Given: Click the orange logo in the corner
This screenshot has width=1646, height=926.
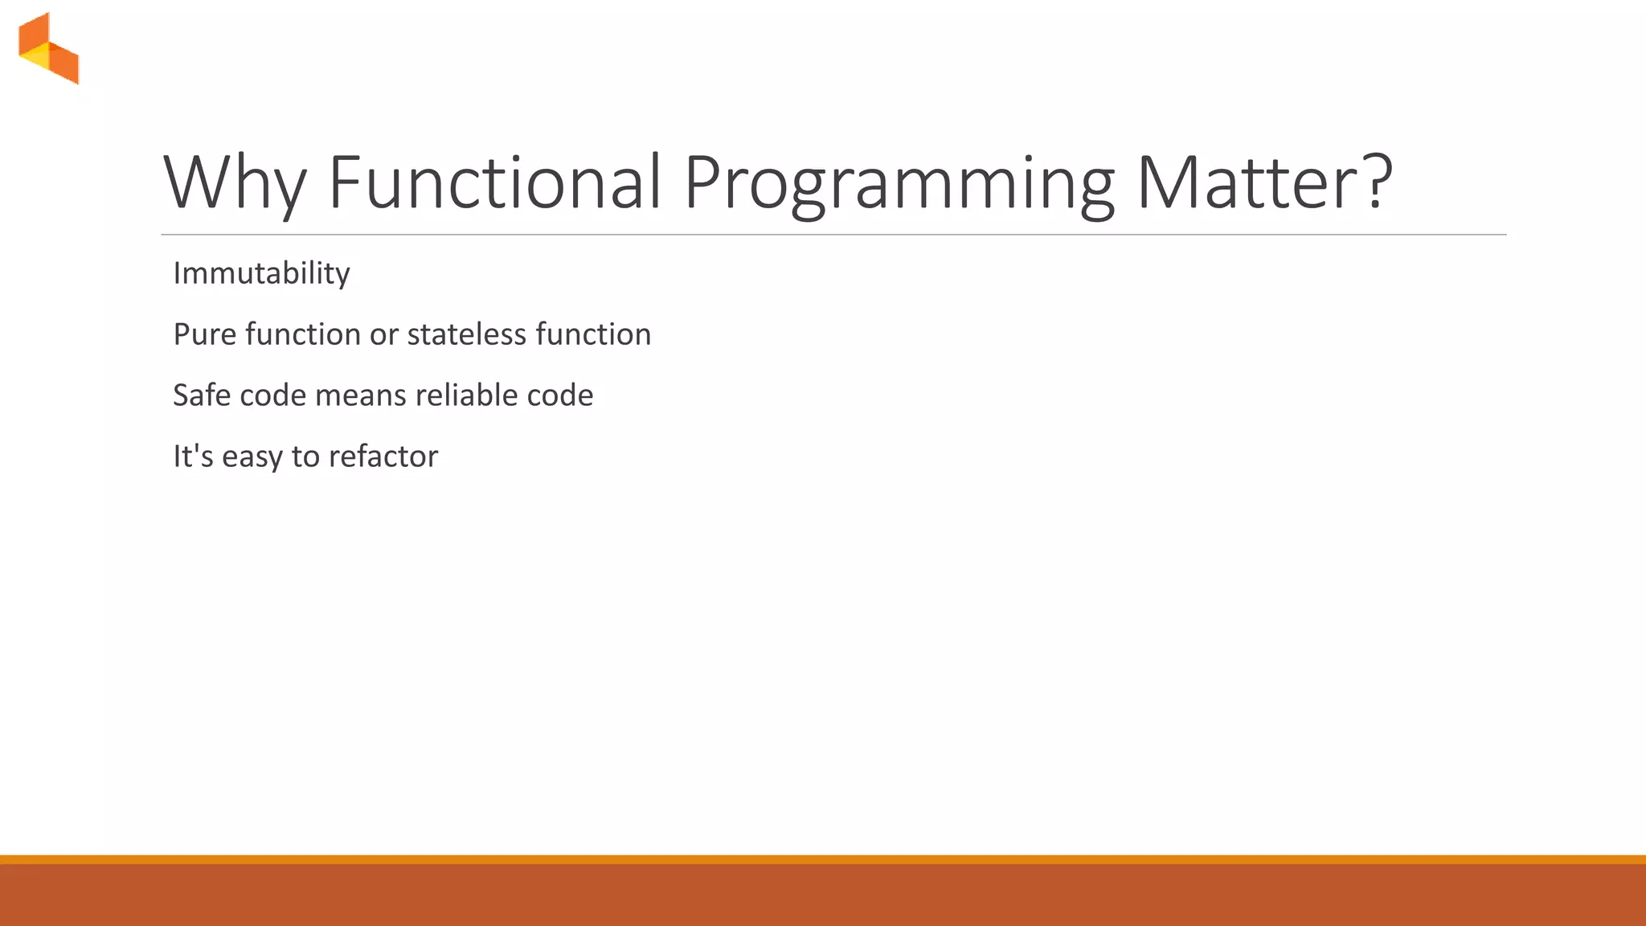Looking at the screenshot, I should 49,48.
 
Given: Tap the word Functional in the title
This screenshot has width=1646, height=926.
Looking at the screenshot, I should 495,182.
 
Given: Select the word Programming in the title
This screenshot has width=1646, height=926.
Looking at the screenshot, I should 899,182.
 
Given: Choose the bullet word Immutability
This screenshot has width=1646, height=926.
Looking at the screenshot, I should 261,273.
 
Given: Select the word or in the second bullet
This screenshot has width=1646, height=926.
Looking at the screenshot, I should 383,334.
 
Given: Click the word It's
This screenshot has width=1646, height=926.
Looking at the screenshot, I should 193,457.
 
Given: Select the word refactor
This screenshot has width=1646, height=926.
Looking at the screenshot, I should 383,457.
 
